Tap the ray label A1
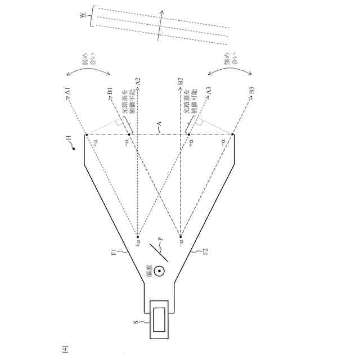click(x=67, y=91)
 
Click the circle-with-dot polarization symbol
click(x=160, y=272)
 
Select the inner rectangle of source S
click(x=160, y=319)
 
